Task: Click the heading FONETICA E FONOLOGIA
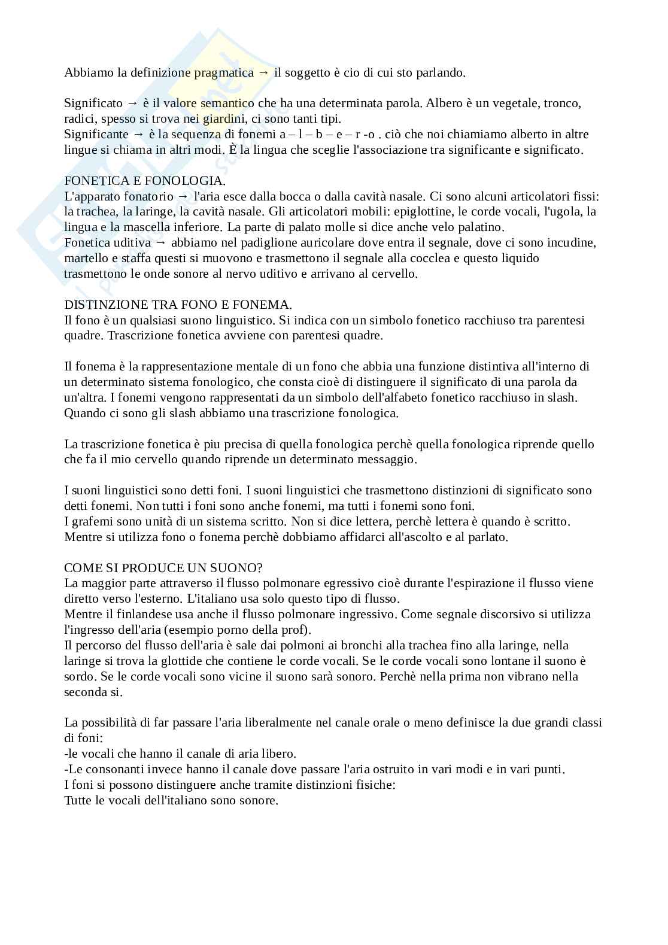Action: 145,180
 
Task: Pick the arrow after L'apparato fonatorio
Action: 184,196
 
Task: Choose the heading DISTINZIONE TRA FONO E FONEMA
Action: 178,305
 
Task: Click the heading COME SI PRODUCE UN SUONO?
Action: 163,567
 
